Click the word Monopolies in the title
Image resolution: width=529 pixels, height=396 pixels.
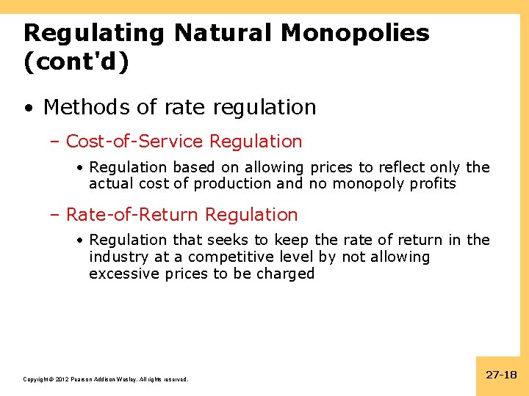(355, 33)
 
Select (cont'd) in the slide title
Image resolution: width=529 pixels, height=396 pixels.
(76, 62)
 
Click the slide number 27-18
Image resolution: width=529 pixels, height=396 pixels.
(502, 375)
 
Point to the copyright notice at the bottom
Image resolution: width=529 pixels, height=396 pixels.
(106, 379)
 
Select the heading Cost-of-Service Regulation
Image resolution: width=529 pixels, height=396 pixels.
(184, 141)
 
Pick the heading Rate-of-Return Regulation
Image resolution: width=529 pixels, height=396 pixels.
(181, 215)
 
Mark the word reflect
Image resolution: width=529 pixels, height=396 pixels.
(402, 166)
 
